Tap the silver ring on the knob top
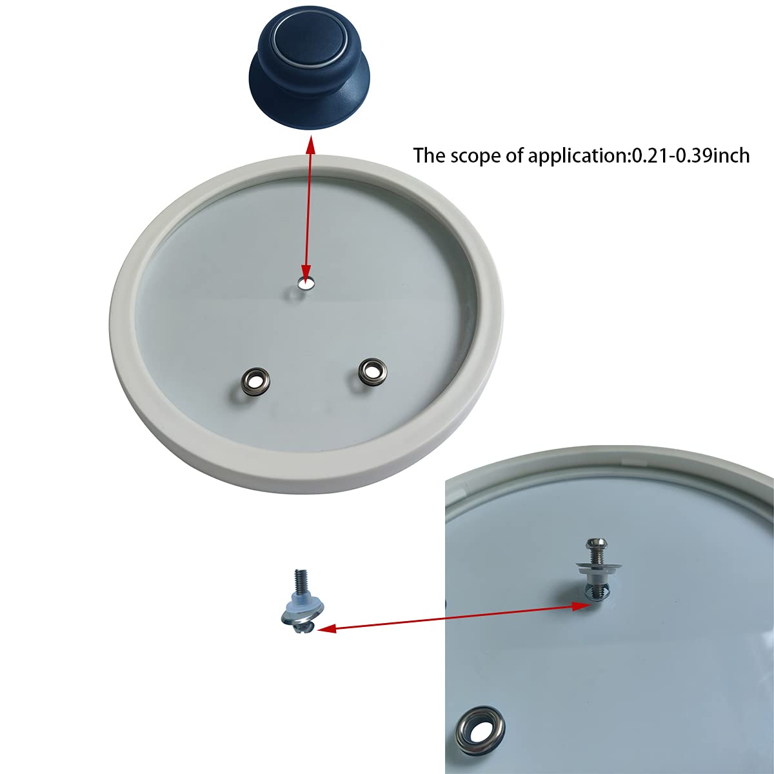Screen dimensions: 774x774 pyautogui.click(x=279, y=35)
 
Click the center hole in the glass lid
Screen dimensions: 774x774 pyautogui.click(x=304, y=283)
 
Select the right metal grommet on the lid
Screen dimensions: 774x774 pyautogui.click(x=371, y=370)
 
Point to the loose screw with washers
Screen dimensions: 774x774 pyautogui.click(x=300, y=603)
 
